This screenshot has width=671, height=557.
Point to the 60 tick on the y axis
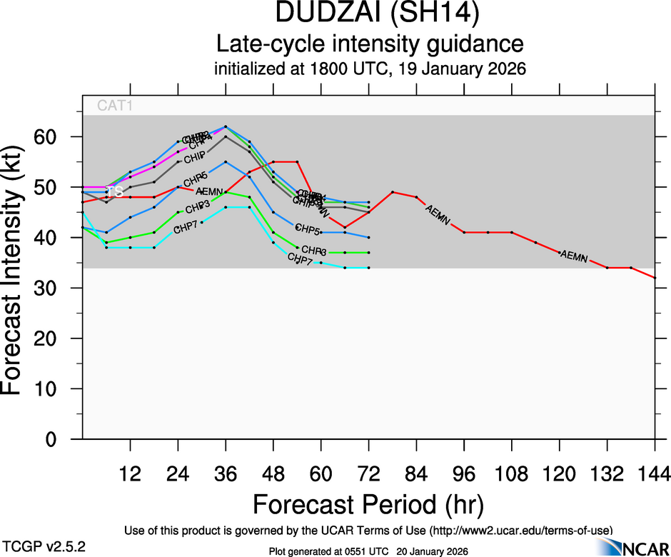click(56, 136)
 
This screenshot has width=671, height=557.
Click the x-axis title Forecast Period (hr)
click(368, 504)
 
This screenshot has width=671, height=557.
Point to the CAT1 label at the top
click(116, 106)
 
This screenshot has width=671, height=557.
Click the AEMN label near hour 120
click(573, 256)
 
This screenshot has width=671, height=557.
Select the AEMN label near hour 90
click(438, 215)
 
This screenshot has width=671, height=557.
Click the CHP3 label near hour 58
click(314, 251)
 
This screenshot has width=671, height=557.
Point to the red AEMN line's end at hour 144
click(655, 277)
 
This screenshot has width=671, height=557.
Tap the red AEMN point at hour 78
click(393, 192)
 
